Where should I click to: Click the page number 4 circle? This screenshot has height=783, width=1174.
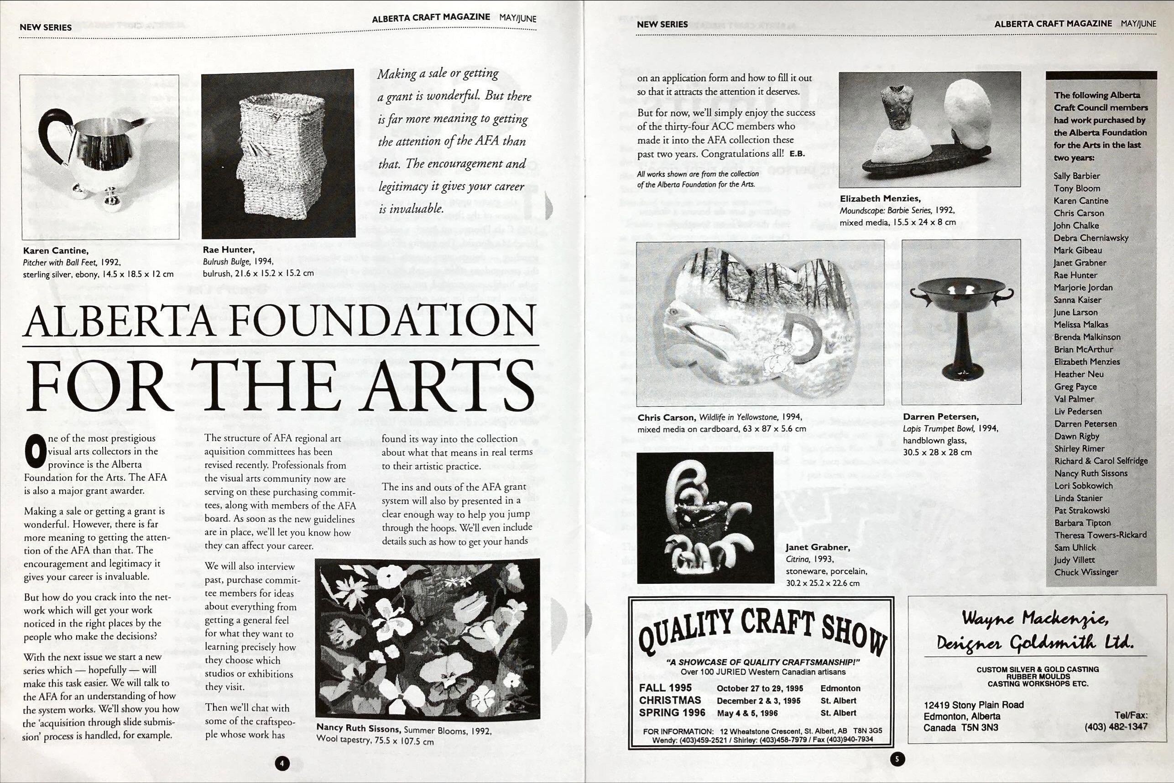(x=282, y=763)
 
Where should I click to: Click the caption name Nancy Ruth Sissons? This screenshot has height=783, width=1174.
(x=358, y=729)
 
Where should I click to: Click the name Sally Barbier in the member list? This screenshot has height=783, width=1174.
(x=1076, y=176)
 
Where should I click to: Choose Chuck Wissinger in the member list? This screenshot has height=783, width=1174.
(x=1086, y=572)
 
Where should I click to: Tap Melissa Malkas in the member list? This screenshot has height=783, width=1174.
(x=1080, y=325)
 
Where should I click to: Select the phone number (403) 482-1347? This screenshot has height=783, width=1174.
(x=1116, y=726)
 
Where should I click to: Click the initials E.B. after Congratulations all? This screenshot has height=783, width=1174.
(x=797, y=154)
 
